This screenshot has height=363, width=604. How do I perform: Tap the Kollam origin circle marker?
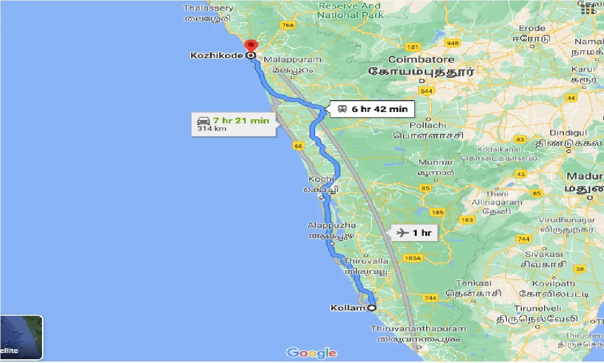(372, 308)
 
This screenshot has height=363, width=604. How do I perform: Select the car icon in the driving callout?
(203, 121)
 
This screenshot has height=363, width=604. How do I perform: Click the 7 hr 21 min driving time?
(241, 121)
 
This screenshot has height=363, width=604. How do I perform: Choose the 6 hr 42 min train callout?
(372, 109)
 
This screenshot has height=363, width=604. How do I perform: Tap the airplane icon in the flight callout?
(403, 232)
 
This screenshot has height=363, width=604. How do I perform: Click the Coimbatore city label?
(421, 60)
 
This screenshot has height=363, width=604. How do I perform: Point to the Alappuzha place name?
(332, 225)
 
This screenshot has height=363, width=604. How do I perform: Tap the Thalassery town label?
(208, 8)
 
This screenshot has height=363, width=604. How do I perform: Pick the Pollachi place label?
(428, 125)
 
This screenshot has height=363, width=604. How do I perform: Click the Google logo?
(311, 353)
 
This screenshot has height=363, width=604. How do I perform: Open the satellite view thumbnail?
(21, 337)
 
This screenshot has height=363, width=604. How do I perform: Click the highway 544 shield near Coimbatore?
(427, 91)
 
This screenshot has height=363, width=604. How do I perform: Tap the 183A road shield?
(412, 258)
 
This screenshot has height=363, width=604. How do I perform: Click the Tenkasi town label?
(473, 283)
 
